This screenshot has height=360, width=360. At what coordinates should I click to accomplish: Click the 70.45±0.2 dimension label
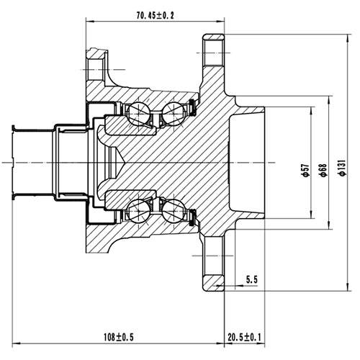pyautogui.click(x=155, y=13)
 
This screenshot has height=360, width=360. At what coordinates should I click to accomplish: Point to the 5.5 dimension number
pyautogui.click(x=252, y=278)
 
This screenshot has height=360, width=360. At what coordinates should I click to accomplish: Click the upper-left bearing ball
pyautogui.click(x=137, y=112)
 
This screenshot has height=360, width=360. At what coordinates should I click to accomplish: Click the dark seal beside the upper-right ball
pyautogui.click(x=192, y=109)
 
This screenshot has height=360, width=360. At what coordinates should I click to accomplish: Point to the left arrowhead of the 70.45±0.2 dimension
pyautogui.click(x=89, y=22)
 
